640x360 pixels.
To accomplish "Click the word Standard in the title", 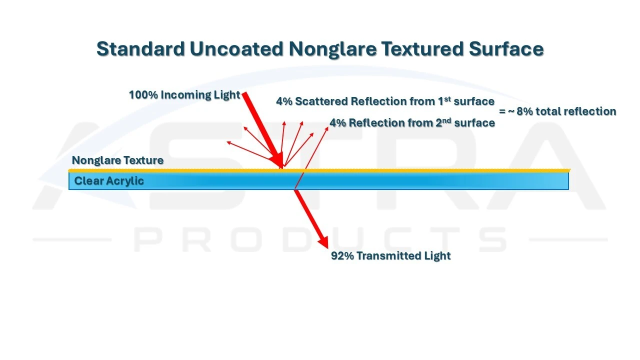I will point(140,49).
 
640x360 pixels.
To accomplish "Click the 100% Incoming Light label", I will point(184,94).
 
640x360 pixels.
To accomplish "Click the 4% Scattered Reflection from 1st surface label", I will point(385,101).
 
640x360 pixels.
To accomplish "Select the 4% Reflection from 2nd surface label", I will point(412,123).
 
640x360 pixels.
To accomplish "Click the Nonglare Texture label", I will point(117,160).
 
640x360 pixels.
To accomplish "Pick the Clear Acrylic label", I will point(109,181).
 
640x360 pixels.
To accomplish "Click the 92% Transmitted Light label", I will point(390,256).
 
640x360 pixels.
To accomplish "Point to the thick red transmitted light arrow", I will point(310,217).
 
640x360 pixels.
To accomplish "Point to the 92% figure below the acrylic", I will point(342,256).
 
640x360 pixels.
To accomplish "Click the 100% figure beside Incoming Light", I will point(143,94).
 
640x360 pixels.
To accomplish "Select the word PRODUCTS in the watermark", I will point(320,240).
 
